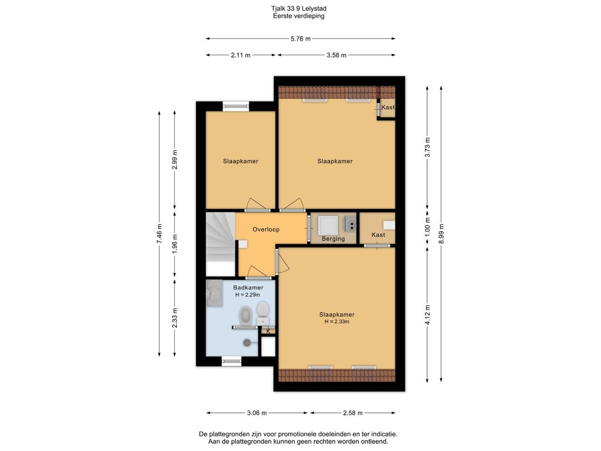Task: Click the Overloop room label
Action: click(x=266, y=230)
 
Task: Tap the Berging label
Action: click(x=333, y=238)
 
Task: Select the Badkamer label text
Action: click(x=248, y=288)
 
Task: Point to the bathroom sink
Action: click(x=214, y=294)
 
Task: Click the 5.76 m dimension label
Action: click(x=300, y=38)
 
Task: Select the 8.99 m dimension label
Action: click(x=441, y=234)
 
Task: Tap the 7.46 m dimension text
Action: click(x=159, y=234)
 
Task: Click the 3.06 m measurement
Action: click(x=256, y=413)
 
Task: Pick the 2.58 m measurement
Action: click(x=353, y=413)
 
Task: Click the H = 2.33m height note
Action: click(x=336, y=322)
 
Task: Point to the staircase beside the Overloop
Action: click(x=221, y=244)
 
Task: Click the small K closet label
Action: click(x=268, y=331)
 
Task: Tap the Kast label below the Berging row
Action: click(x=378, y=235)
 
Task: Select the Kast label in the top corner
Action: click(x=387, y=107)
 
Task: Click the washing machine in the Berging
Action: click(x=329, y=225)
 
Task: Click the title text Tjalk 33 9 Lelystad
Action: click(x=299, y=8)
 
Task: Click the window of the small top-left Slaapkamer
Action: click(x=236, y=106)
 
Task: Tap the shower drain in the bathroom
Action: click(x=247, y=343)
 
